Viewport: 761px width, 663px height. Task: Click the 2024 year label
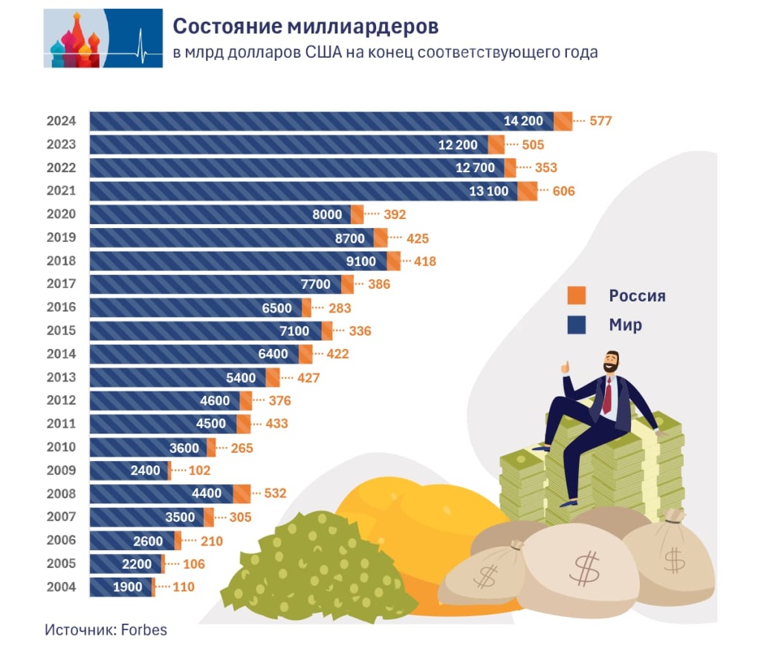60,121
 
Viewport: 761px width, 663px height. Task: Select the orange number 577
600,121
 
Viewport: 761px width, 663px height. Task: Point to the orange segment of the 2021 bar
527,191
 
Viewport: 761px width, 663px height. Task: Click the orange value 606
563,191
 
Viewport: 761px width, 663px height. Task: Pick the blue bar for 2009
129,470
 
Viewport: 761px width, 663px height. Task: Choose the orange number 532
275,493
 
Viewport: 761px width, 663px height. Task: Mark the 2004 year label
60,587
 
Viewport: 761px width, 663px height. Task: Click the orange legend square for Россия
577,295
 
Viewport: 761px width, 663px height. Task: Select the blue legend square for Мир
577,325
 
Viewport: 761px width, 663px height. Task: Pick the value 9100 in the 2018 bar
360,261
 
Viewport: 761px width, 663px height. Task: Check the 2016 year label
60,307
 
